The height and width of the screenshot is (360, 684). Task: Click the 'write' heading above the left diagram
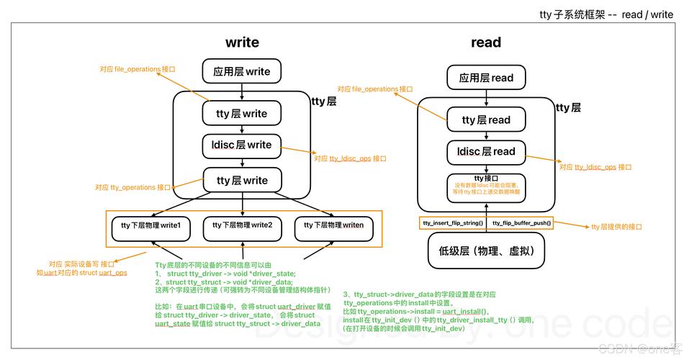point(242,42)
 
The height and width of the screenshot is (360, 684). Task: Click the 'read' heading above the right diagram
point(486,42)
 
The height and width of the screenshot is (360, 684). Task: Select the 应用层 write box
point(242,71)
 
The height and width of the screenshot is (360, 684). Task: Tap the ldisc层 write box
point(242,145)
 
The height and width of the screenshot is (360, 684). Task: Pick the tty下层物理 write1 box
point(150,225)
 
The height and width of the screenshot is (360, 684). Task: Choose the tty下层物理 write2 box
point(242,225)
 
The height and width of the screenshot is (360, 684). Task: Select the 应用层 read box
point(486,78)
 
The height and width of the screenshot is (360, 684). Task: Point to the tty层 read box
point(486,120)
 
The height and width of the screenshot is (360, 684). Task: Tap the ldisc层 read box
point(486,152)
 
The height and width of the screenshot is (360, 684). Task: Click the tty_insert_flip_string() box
point(452,223)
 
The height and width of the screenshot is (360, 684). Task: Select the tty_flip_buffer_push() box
point(521,223)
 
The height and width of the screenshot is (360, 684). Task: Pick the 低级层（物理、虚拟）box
point(486,251)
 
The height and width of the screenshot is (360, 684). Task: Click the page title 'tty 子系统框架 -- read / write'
point(606,14)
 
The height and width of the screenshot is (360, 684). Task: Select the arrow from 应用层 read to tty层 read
point(486,99)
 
